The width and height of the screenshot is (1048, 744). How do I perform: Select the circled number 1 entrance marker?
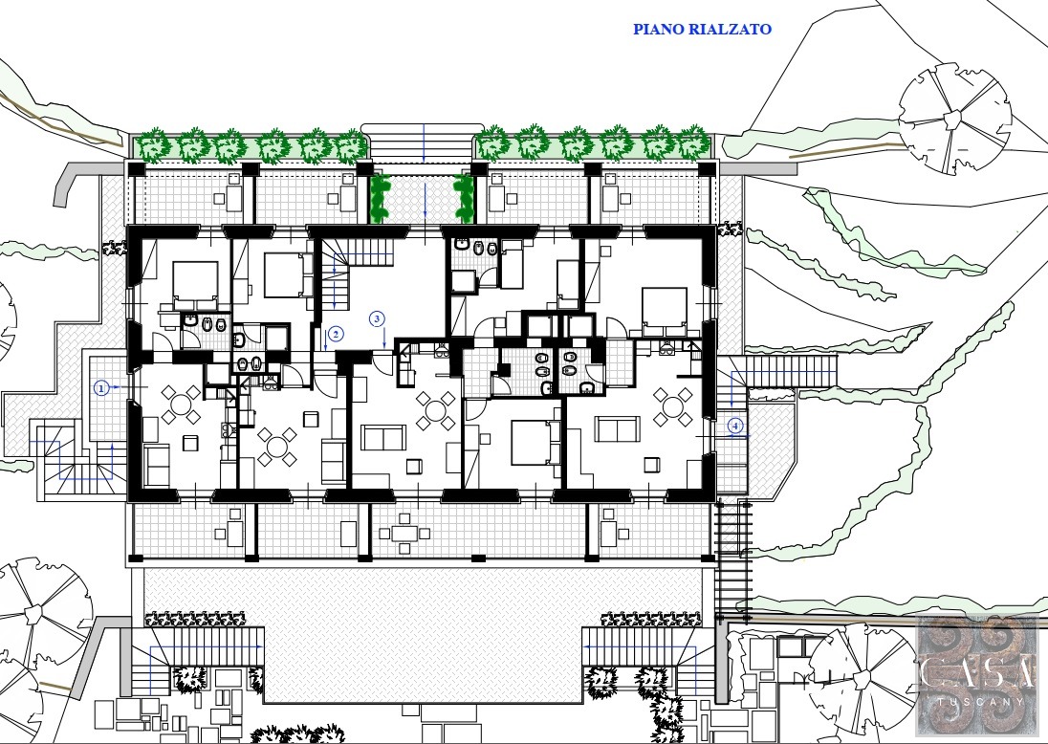[101, 387]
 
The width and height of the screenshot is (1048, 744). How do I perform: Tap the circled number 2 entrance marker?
[336, 334]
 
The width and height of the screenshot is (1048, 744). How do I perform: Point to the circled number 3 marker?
[378, 318]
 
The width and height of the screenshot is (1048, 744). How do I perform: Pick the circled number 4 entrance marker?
[735, 426]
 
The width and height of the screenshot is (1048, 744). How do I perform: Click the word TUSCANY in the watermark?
[980, 702]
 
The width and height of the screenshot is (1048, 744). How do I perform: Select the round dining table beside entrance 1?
[181, 405]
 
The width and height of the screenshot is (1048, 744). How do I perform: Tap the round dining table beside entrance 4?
[673, 406]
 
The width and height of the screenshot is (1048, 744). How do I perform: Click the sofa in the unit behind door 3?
[383, 438]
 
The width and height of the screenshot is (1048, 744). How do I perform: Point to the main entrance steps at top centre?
[422, 142]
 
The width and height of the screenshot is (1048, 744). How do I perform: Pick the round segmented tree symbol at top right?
[954, 119]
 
